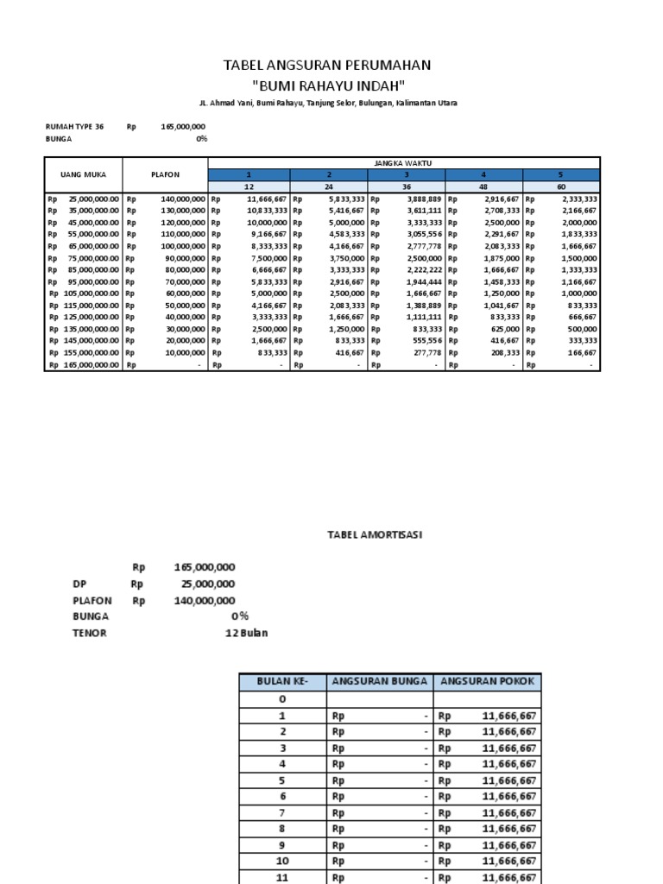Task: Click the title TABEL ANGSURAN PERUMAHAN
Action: [327, 66]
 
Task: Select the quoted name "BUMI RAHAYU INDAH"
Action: [327, 85]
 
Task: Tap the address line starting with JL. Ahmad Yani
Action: [328, 103]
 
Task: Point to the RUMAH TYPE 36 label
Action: [74, 127]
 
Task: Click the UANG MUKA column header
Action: [83, 174]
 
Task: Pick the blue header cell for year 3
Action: [406, 174]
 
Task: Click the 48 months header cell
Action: [483, 186]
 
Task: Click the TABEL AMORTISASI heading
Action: [375, 535]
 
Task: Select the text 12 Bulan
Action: [246, 633]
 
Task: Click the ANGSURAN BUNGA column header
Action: [379, 681]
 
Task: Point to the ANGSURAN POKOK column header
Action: [488, 681]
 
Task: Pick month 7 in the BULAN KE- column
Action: [281, 813]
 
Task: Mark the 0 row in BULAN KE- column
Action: [281, 699]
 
